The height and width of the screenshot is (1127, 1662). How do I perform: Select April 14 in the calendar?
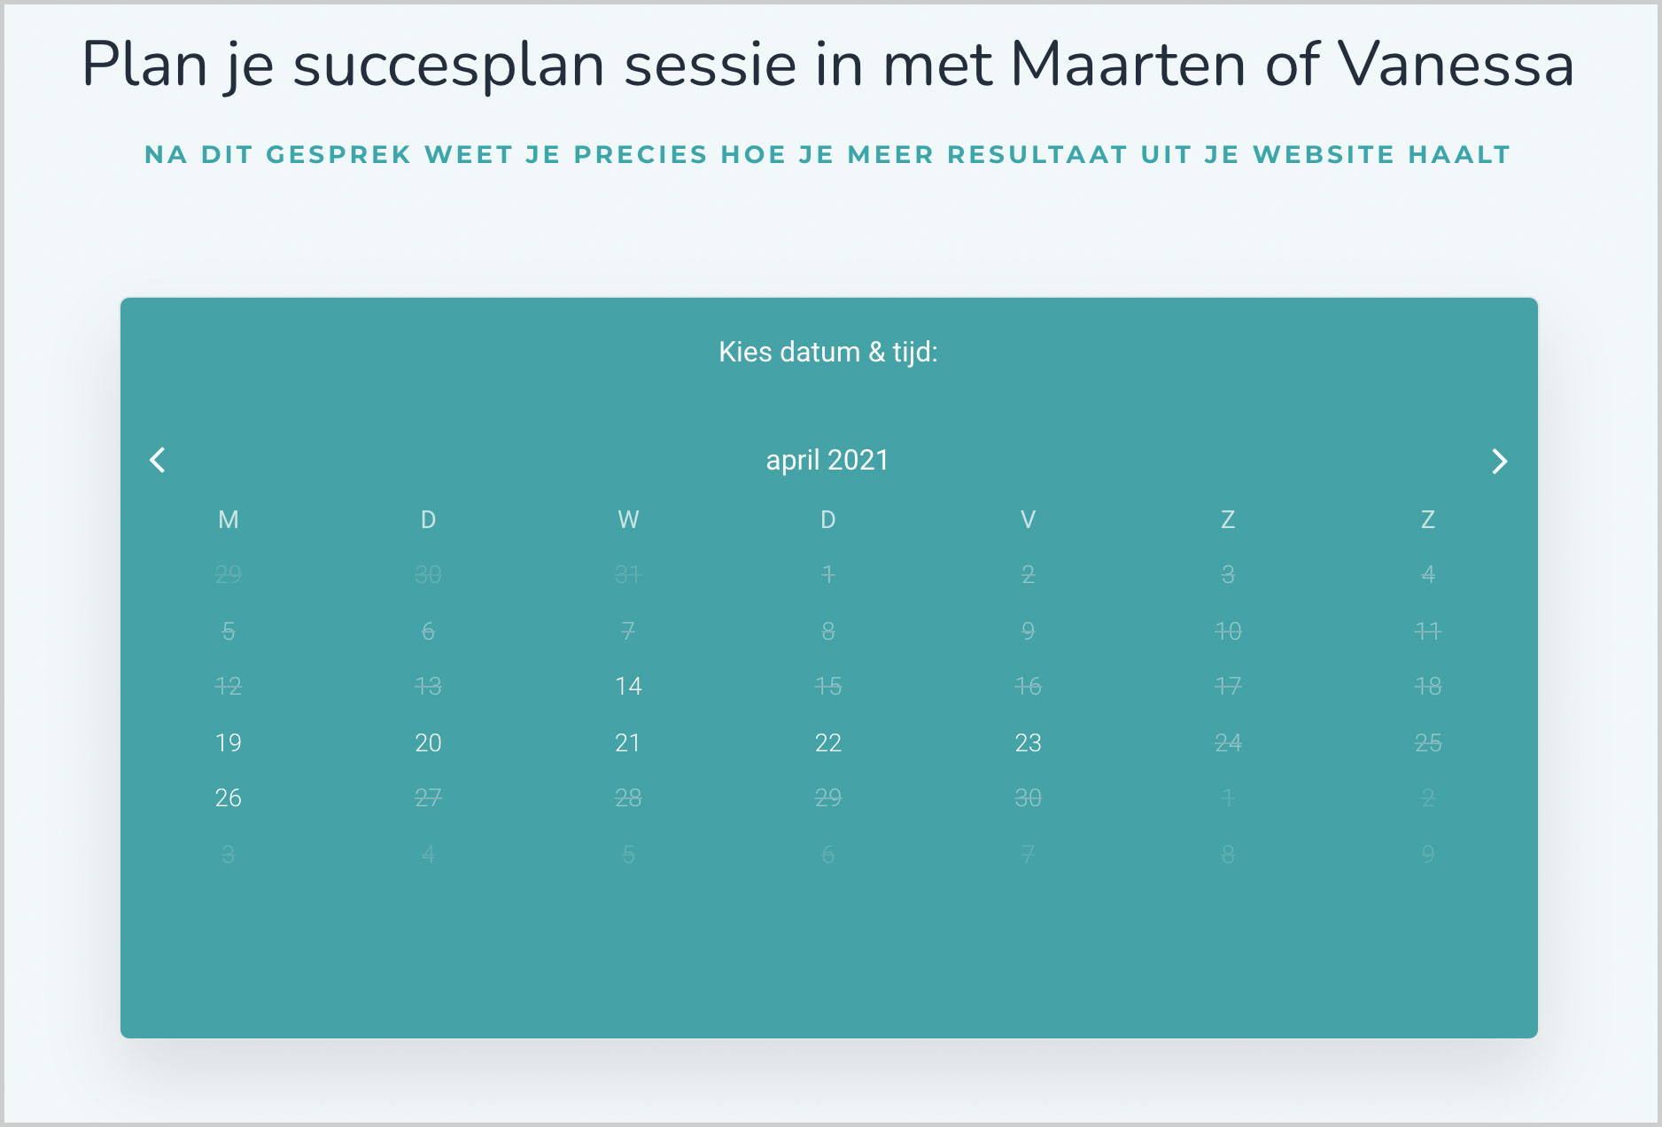(x=628, y=686)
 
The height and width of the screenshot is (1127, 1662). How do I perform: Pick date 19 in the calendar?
(x=229, y=742)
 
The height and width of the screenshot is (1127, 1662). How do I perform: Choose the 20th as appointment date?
(x=428, y=742)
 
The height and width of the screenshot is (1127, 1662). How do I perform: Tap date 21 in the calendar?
(x=628, y=742)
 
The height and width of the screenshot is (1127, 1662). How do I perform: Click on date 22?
(x=828, y=742)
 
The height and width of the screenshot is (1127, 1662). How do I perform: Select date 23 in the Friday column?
(x=1028, y=742)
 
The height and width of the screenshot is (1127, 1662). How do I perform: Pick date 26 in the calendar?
(x=229, y=798)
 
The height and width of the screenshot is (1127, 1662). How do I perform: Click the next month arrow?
(x=1499, y=461)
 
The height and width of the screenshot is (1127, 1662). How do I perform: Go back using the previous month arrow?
(x=158, y=460)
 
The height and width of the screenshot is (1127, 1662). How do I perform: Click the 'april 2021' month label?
(x=827, y=460)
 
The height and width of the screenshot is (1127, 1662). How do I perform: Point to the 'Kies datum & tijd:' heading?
(x=828, y=352)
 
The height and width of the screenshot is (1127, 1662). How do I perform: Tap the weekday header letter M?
(x=229, y=519)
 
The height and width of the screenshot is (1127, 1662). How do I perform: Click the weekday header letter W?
(x=628, y=519)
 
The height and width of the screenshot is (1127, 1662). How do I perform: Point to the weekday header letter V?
(x=1028, y=519)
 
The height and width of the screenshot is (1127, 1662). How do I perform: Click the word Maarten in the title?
(x=1128, y=65)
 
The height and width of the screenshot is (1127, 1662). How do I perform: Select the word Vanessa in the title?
(x=1456, y=65)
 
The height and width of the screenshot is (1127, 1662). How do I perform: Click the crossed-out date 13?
(x=428, y=686)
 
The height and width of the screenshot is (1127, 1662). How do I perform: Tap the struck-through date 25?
(x=1428, y=742)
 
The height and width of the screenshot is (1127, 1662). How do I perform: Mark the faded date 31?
(x=628, y=574)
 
